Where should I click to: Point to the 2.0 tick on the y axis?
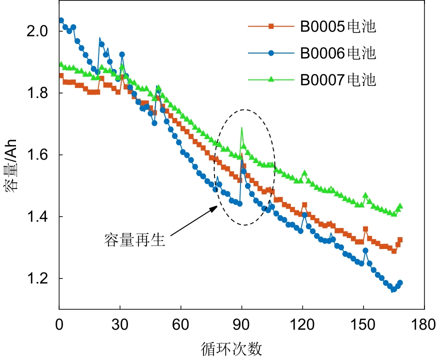(40, 31)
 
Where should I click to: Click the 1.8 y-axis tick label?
(40, 93)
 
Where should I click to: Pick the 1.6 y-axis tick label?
(40, 155)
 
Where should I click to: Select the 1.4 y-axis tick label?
(40, 216)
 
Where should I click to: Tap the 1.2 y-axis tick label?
(40, 278)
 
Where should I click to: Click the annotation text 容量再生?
(134, 240)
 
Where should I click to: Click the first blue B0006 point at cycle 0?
(61, 20)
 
